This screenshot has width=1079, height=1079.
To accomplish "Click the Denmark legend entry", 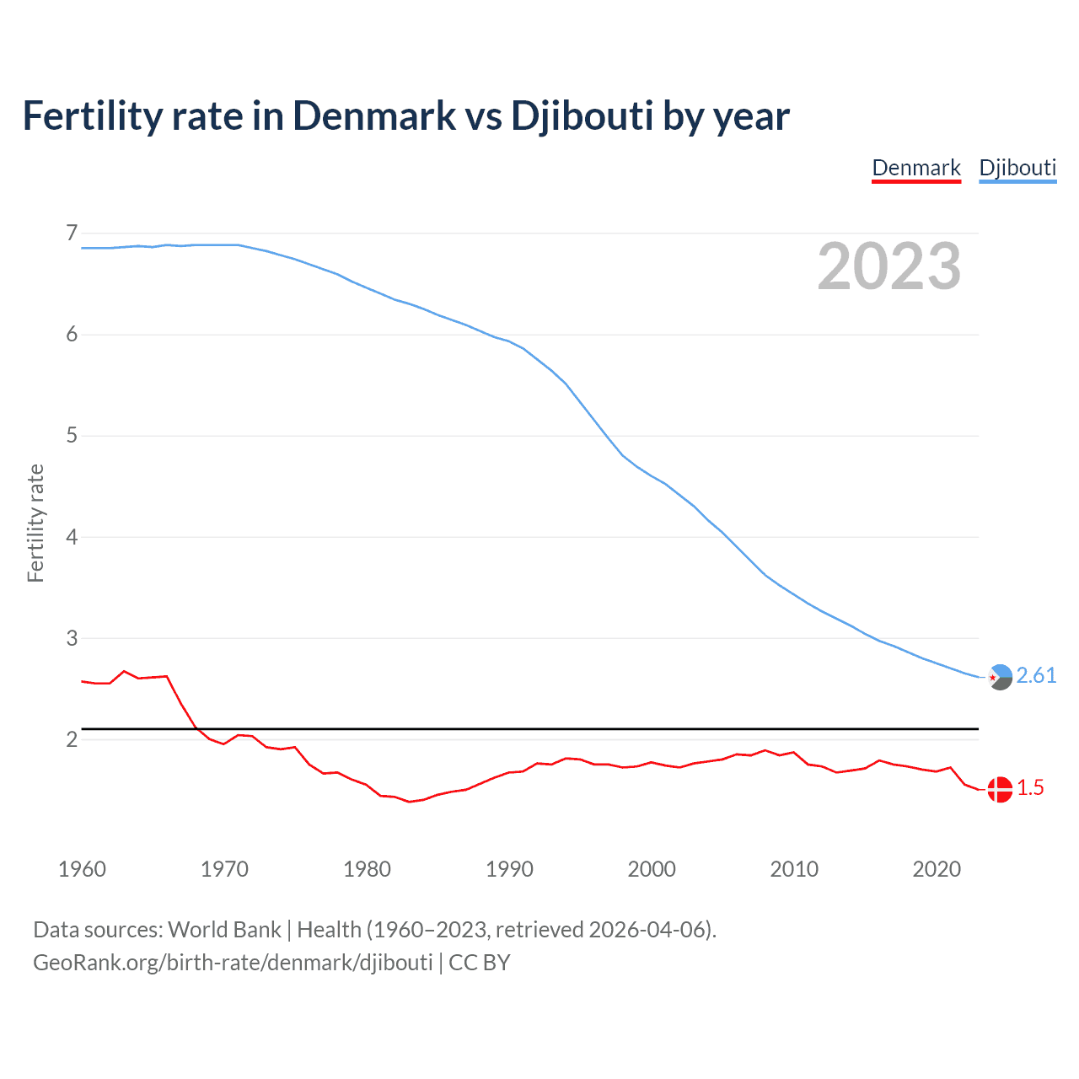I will point(916,168).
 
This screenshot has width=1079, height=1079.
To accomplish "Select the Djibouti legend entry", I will point(1017,168).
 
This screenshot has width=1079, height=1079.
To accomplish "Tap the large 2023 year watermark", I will point(889,266).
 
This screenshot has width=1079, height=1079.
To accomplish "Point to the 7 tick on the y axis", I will point(72,233).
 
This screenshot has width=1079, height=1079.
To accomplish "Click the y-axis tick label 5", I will point(72,436).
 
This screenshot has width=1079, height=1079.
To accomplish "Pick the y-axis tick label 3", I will point(72,638).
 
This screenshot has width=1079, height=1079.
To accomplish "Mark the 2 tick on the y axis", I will point(72,739).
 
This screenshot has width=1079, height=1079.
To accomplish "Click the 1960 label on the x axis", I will point(82,869).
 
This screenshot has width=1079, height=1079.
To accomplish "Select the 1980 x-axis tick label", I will point(367,869).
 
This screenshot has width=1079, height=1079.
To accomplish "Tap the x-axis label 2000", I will point(652,869).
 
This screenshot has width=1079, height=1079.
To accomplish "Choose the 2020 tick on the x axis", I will point(937,869).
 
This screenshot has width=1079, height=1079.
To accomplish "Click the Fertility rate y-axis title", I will point(35,523).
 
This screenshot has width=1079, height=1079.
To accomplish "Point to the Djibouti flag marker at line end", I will point(1000,676).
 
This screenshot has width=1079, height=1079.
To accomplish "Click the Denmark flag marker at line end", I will point(1000,789).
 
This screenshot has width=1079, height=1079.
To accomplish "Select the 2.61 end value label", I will point(1036,676).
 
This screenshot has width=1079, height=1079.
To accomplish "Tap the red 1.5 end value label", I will point(1030,788).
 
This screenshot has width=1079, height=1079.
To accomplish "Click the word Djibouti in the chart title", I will point(582,116).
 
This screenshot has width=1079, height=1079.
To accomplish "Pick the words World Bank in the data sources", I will point(224,930).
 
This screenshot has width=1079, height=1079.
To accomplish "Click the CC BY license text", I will point(480,963).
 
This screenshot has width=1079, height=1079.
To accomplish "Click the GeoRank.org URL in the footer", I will point(233,963).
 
